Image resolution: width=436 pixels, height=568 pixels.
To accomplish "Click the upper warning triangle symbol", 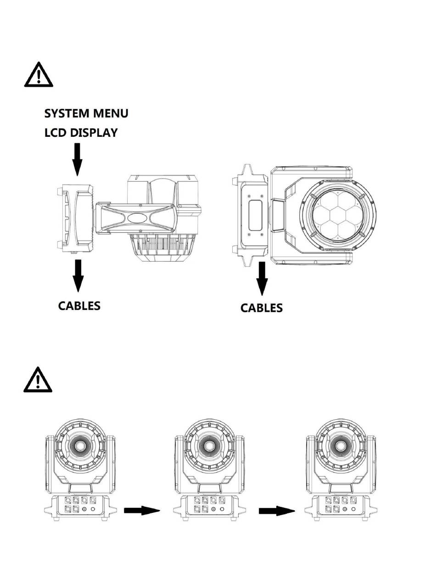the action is (39, 75).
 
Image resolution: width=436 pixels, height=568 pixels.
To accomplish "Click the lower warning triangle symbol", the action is (38, 380).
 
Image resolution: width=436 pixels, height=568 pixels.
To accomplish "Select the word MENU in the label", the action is (111, 113).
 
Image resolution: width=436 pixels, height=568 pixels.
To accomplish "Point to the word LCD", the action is (55, 133).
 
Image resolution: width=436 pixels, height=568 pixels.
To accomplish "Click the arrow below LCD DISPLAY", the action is (77, 159).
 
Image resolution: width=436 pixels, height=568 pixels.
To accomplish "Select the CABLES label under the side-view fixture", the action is (79, 306).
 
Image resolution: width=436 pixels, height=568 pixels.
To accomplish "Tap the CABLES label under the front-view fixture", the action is (262, 308).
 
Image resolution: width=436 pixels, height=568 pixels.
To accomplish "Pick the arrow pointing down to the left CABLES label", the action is (78, 276).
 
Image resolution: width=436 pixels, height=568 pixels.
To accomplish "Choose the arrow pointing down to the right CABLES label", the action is (262, 279).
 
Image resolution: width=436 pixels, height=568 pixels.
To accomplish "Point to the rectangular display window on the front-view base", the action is (255, 215).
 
